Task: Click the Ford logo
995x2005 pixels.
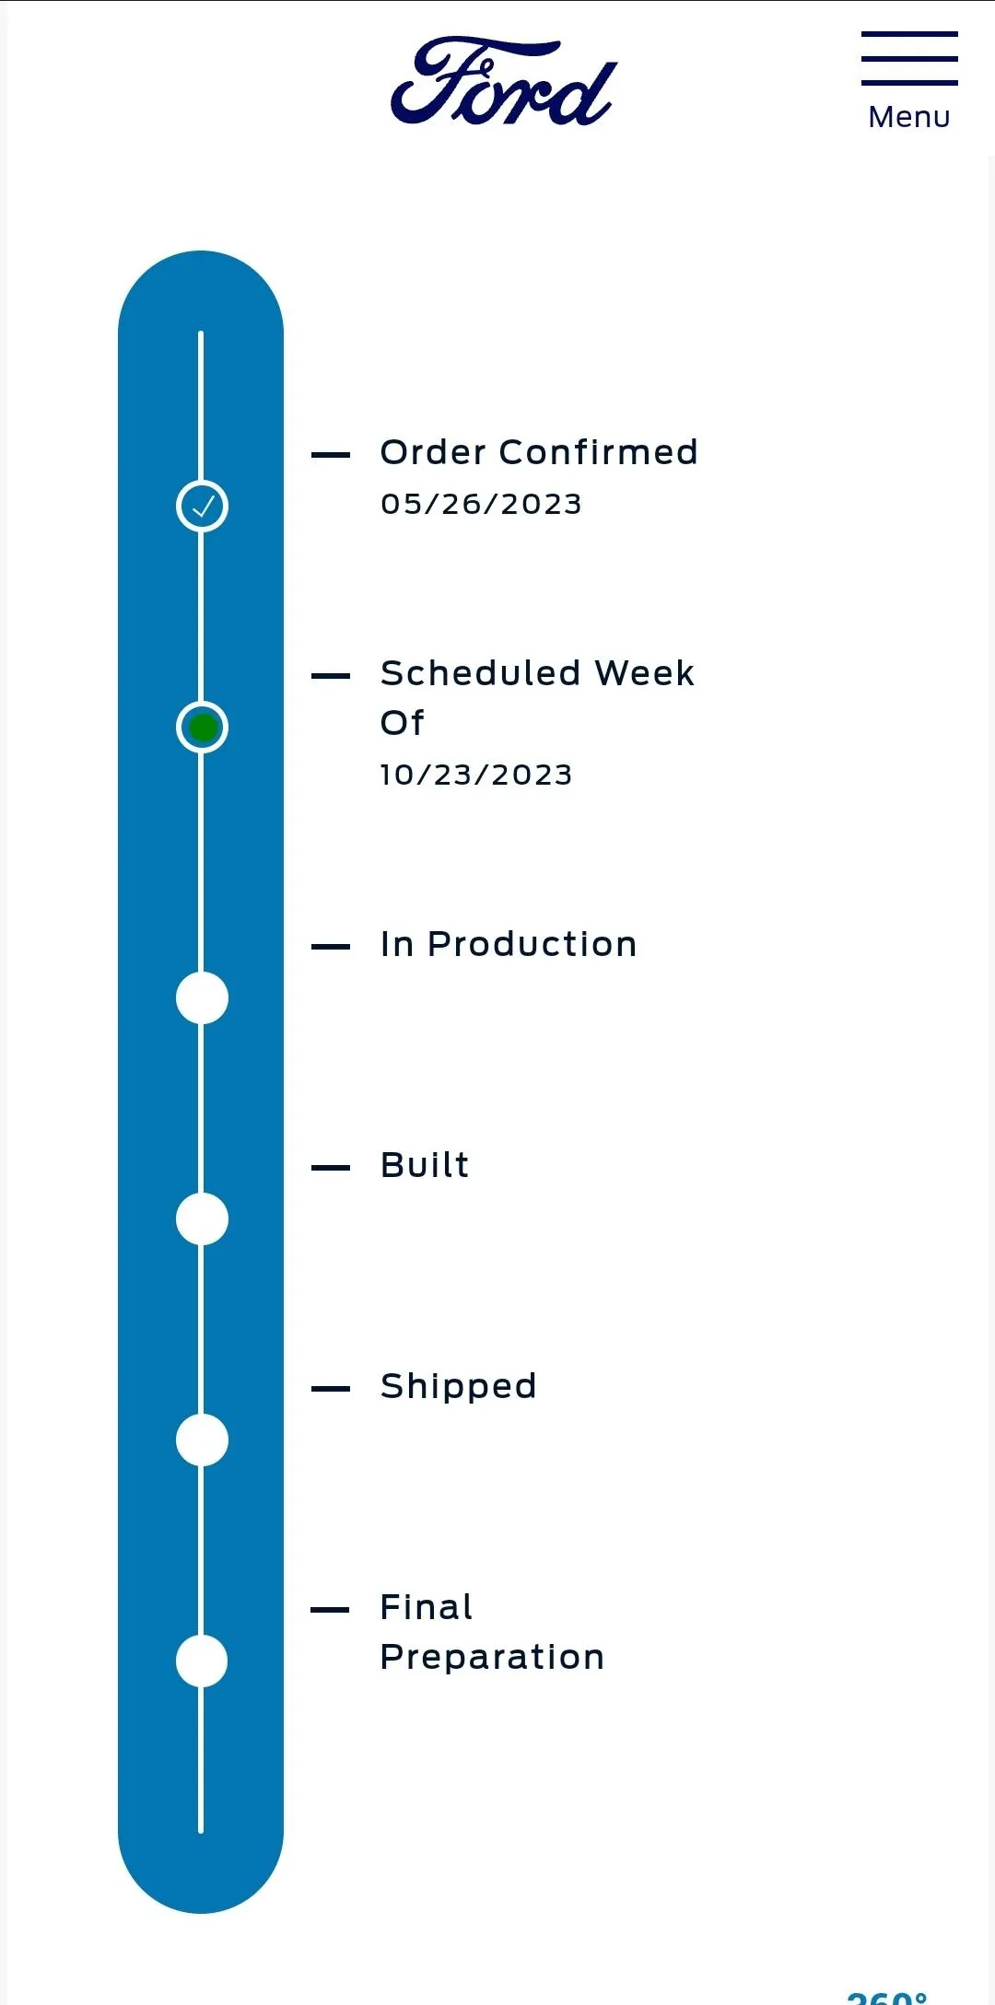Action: click(504, 81)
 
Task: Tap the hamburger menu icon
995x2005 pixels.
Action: click(909, 58)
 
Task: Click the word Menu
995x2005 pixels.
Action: click(909, 117)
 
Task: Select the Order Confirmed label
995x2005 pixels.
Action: click(539, 452)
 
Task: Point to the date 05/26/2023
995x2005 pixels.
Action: click(481, 504)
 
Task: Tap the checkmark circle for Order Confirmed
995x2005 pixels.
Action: click(202, 506)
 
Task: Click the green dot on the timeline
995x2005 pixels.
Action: click(203, 728)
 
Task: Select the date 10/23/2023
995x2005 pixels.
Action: click(476, 775)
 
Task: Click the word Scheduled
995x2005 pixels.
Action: click(480, 673)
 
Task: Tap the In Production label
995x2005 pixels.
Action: click(509, 944)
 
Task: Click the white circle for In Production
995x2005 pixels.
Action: click(202, 997)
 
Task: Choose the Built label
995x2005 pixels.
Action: click(425, 1165)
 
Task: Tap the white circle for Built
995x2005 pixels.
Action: click(202, 1218)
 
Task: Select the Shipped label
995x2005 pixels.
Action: click(458, 1386)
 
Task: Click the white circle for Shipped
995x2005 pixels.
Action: click(202, 1440)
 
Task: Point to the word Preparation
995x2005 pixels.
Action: click(492, 1658)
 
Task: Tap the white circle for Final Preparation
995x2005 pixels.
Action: click(202, 1661)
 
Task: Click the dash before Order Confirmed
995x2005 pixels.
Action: click(331, 455)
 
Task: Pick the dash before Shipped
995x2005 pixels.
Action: click(331, 1389)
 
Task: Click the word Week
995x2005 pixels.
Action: click(644, 673)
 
